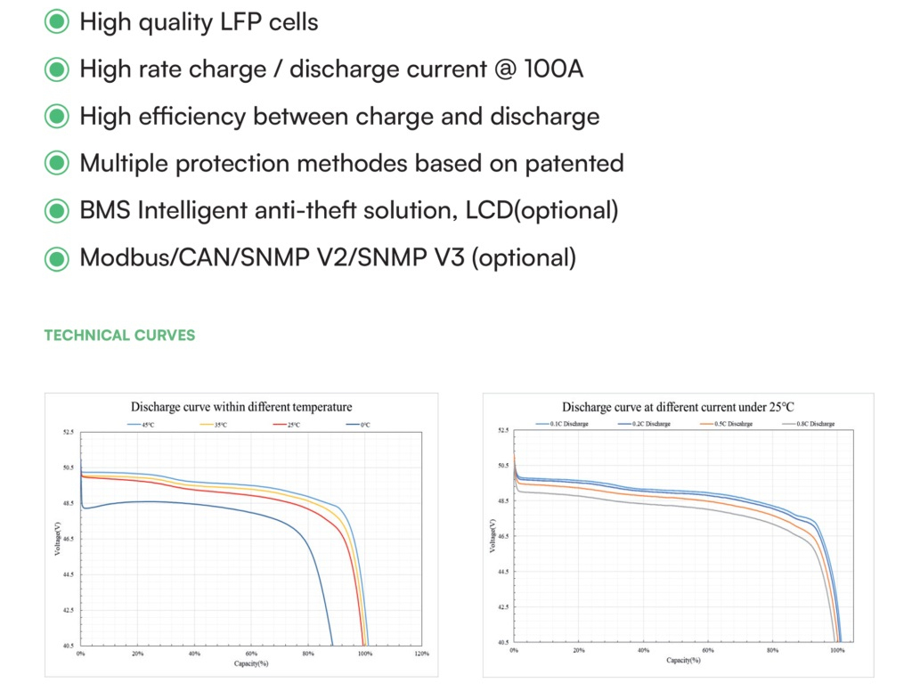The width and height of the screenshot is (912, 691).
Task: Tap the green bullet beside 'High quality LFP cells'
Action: (x=57, y=22)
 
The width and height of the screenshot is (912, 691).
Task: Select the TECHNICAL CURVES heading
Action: (x=119, y=336)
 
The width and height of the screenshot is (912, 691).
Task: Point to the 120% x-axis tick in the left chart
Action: (x=421, y=654)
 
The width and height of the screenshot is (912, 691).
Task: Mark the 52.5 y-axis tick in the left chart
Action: (x=69, y=433)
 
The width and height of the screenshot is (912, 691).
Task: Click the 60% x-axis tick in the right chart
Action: (x=708, y=651)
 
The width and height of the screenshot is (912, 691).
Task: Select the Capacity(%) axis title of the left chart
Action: (x=251, y=664)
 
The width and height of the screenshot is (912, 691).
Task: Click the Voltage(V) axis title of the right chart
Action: (x=493, y=536)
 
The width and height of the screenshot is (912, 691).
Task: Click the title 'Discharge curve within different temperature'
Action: (x=241, y=407)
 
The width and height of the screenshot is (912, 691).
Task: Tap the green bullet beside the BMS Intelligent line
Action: (x=57, y=211)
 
